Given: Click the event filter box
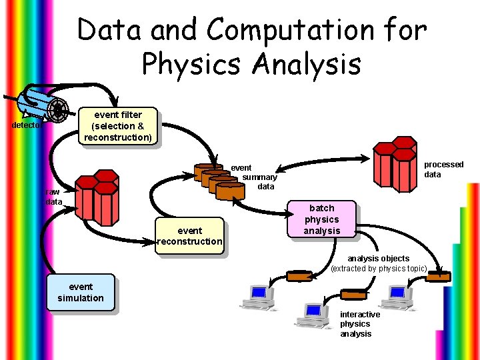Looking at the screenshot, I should click(x=117, y=126).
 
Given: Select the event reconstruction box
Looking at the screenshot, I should click(x=189, y=236).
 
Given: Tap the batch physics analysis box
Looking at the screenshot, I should click(x=321, y=220).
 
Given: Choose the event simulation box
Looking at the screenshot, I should click(x=80, y=293).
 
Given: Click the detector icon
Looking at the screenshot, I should click(x=45, y=106).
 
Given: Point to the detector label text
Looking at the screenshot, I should click(x=26, y=125).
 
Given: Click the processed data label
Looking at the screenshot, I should click(x=443, y=169).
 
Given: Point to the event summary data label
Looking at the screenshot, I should click(x=259, y=177).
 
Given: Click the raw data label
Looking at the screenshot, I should click(x=53, y=197).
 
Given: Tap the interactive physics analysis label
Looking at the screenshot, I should click(x=360, y=324).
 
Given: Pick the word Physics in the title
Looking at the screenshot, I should click(x=193, y=65).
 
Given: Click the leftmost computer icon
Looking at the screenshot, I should click(x=257, y=297).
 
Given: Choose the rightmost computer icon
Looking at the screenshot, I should click(x=400, y=298).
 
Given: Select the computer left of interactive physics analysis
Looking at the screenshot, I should click(x=313, y=316).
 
